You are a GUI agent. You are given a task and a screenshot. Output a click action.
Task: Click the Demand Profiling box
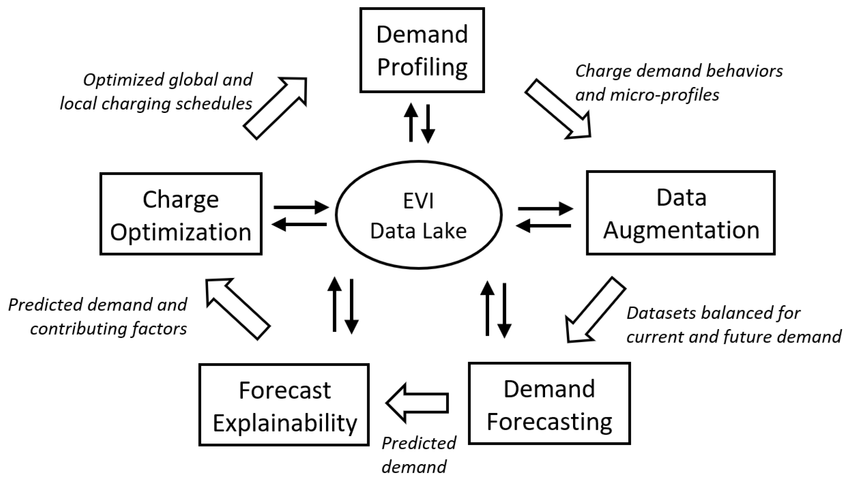422,50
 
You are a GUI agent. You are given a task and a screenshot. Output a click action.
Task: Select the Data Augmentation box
681,213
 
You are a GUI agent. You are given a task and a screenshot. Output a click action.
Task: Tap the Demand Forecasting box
549,403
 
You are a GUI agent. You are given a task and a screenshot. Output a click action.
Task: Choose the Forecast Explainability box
284,405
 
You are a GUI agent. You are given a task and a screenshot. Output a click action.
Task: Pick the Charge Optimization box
181,214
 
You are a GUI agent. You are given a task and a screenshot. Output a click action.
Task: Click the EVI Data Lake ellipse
418,215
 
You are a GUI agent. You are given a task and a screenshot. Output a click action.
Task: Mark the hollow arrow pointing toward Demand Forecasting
594,311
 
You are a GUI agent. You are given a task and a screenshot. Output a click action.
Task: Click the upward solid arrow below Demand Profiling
411,123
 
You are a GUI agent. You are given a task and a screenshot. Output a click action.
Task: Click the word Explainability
285,423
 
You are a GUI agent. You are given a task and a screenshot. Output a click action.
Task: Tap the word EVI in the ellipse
418,201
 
